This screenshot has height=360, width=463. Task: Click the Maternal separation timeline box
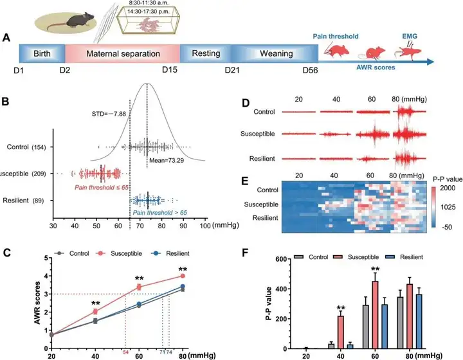click(122, 53)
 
